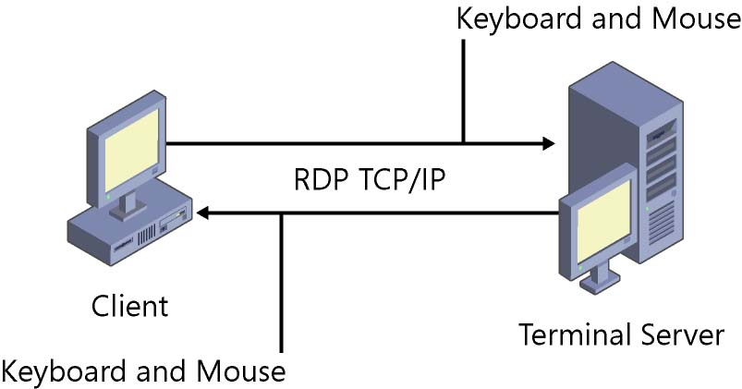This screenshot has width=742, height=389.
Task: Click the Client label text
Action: coord(129,306)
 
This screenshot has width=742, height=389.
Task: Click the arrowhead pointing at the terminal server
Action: coord(549,143)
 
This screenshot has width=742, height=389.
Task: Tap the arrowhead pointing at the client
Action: coord(202,213)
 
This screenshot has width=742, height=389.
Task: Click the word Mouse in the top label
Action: coord(696,19)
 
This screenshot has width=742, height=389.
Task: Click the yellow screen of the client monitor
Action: coord(131,151)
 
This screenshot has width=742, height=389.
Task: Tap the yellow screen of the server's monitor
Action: coord(603,223)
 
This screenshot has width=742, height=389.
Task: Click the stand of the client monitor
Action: coord(128,208)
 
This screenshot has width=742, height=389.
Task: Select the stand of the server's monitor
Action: coord(600,278)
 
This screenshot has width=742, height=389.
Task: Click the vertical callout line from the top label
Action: coord(464,91)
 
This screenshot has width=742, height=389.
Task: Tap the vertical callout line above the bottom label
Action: coord(282,283)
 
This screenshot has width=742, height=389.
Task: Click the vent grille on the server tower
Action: coord(662,224)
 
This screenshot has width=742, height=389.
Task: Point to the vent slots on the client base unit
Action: coord(147,235)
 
